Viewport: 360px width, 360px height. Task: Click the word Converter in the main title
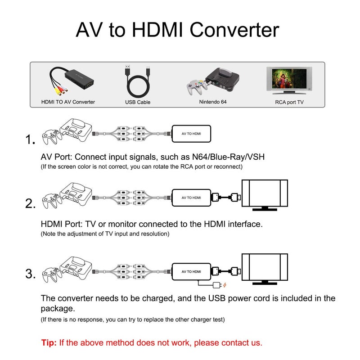[x=234, y=30]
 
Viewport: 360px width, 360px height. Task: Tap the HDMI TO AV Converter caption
[x=68, y=102]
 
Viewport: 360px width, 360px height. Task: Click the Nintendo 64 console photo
[x=213, y=81]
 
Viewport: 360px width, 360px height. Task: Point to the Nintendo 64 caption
[x=213, y=102]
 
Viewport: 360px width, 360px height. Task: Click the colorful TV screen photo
[x=288, y=80]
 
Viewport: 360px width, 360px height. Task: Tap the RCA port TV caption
[x=289, y=102]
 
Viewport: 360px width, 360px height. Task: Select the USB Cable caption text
[x=138, y=102]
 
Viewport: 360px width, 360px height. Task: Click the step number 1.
[x=30, y=140]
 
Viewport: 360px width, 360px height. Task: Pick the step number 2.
[x=30, y=204]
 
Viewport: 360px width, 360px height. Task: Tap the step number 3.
[x=30, y=274]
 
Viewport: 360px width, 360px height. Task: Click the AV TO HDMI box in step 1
[x=191, y=134]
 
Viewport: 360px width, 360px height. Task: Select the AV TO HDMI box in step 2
[x=191, y=198]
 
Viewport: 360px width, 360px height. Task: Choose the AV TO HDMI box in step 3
[x=191, y=271]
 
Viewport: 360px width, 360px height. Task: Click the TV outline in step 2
[x=265, y=195]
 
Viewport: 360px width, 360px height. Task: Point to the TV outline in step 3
[x=265, y=269]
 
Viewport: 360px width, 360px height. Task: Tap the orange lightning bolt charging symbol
[x=225, y=285]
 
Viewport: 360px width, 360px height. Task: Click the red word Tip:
[x=49, y=342]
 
